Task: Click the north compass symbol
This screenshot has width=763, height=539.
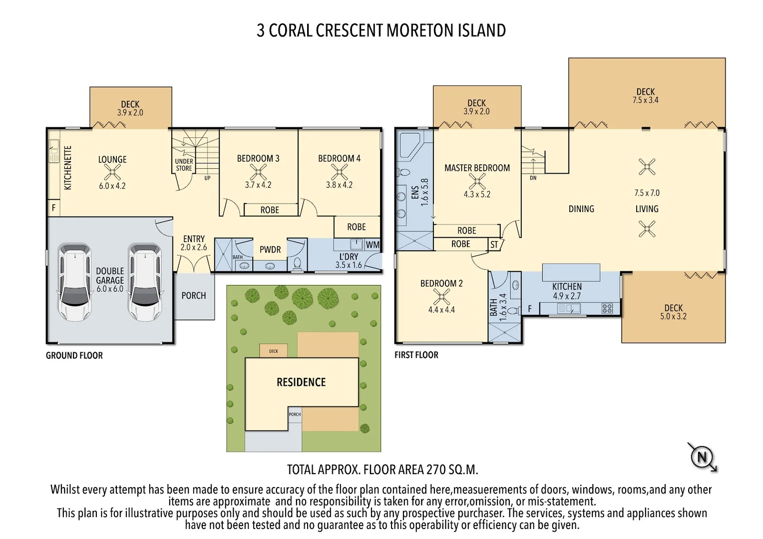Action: (702, 457)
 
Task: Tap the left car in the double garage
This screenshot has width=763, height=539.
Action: (75, 282)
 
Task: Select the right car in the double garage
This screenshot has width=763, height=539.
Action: (145, 282)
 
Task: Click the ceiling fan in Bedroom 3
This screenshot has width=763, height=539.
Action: (258, 172)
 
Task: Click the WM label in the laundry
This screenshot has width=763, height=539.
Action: (373, 245)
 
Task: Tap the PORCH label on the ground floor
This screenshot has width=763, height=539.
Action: (194, 295)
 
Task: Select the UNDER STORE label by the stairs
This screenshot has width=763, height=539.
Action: (184, 165)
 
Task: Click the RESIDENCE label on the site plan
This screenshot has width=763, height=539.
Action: (301, 382)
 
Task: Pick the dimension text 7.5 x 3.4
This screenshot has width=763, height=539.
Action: (645, 100)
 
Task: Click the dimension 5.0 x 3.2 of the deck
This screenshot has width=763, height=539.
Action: (673, 316)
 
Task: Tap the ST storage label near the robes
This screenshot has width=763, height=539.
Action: (494, 245)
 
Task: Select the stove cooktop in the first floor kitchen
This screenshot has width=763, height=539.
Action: (607, 309)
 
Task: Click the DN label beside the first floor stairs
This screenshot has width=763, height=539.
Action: (533, 178)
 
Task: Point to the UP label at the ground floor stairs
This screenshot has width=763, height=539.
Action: (207, 178)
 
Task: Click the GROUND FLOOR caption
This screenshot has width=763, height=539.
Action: (74, 355)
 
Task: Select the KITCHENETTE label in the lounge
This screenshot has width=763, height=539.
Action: (68, 168)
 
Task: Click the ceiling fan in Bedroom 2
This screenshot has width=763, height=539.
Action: (441, 297)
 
